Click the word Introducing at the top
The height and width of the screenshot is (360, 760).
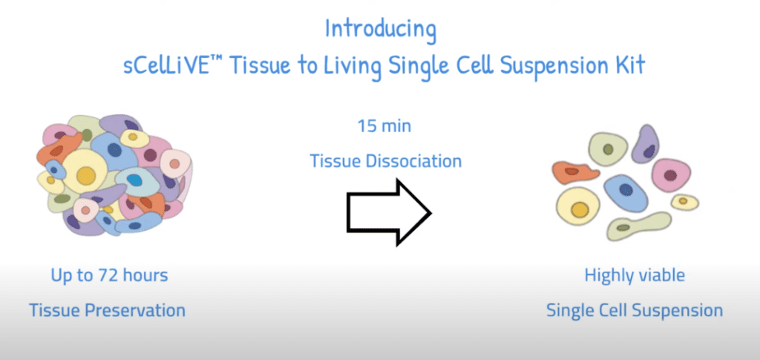[381, 30]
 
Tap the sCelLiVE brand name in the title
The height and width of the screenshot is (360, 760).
[168, 65]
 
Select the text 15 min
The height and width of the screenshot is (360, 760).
[384, 126]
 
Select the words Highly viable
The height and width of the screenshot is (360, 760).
[635, 275]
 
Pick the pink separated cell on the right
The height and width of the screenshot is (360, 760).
[671, 175]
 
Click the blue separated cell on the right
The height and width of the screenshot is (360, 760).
[626, 193]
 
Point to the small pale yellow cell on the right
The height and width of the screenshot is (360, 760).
[684, 202]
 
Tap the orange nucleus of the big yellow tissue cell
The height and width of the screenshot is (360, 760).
[87, 175]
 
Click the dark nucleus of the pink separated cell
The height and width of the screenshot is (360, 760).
[670, 175]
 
